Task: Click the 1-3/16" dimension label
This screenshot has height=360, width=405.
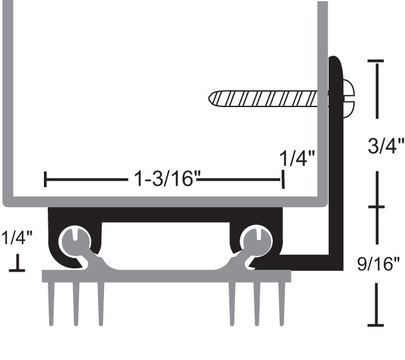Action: click(164, 179)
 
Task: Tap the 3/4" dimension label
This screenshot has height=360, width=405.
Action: click(385, 145)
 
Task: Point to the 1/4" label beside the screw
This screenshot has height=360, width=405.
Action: click(297, 158)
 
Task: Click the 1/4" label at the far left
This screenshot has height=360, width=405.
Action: click(16, 239)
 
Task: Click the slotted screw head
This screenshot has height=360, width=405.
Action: click(348, 99)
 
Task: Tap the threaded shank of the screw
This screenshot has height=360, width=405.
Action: click(271, 99)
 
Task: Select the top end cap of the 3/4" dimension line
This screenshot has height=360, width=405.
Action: click(376, 61)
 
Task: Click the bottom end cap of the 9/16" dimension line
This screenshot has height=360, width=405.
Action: click(376, 325)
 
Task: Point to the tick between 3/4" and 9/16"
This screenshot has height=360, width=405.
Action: click(376, 206)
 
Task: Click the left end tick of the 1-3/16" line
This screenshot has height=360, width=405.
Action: click(45, 179)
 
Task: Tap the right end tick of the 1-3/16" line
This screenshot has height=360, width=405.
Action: click(282, 179)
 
